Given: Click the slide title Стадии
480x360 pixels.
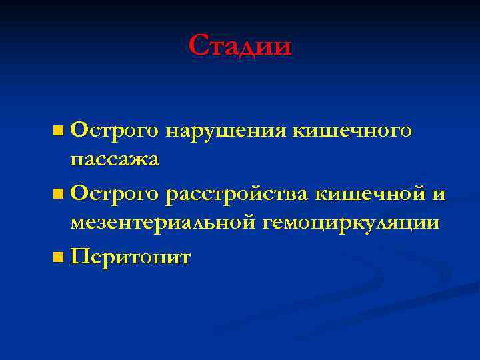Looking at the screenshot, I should [240, 46].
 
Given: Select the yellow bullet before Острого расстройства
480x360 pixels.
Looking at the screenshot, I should [59, 194].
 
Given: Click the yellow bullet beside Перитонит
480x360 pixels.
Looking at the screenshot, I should [59, 257].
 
